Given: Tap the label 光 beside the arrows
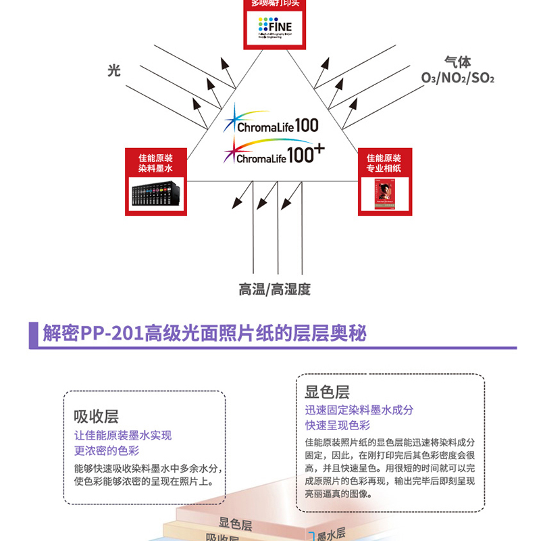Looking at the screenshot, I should click(114, 70).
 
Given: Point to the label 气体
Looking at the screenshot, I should click(457, 63).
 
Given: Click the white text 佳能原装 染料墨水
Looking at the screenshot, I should click(155, 162).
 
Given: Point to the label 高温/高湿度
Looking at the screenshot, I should click(274, 289).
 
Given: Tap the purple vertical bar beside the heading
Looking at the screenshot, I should click(32, 334).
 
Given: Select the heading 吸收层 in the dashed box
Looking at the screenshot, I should click(96, 416).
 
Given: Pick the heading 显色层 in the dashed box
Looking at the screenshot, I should click(327, 392).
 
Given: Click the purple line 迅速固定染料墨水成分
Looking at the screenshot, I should click(359, 410).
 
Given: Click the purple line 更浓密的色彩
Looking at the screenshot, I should click(107, 450).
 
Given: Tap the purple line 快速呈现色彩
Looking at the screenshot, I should click(337, 425).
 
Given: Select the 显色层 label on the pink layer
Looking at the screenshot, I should click(235, 525).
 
